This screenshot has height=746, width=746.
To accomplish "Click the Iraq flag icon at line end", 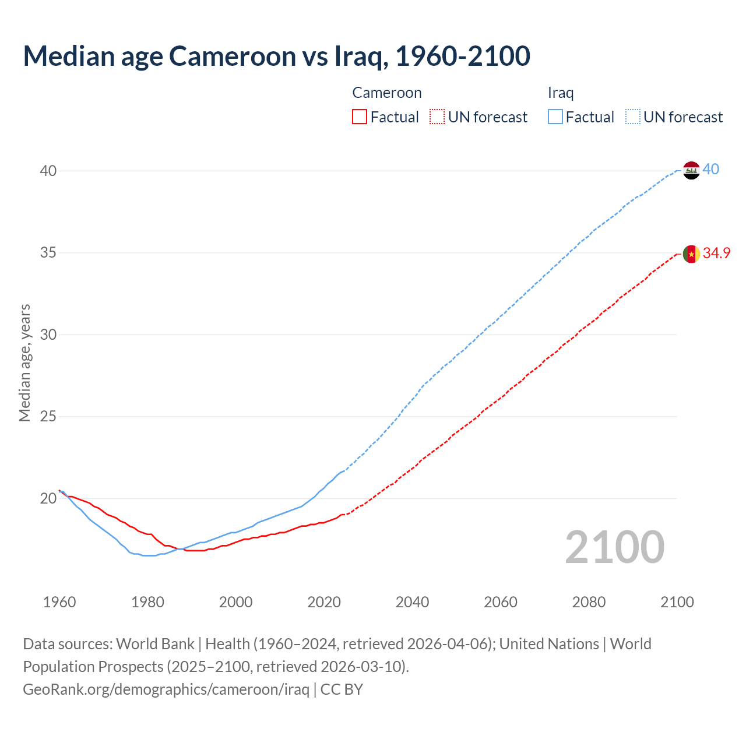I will (x=691, y=170).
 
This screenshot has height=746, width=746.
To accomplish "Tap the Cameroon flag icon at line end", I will (x=691, y=254).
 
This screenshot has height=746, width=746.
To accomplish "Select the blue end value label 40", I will (x=711, y=170).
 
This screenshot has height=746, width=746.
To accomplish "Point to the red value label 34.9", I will (x=716, y=253).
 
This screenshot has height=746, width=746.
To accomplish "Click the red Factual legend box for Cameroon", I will (x=360, y=117).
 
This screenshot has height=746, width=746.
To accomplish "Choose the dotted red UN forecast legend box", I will (x=437, y=117).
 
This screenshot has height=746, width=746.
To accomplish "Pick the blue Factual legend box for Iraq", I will (x=555, y=117).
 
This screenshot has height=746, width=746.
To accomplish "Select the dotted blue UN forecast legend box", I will (x=633, y=117).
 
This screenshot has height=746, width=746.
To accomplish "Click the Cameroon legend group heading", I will (x=387, y=93).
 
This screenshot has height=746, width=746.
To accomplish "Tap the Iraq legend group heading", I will (x=561, y=93).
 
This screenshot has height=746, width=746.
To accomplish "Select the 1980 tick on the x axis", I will (x=147, y=602).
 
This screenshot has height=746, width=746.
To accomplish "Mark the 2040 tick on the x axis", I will (x=412, y=602).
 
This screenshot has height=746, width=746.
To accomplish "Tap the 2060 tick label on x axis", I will (x=501, y=602).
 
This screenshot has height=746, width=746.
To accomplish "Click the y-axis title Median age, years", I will (x=24, y=363).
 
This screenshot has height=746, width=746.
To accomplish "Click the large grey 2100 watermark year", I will (x=614, y=547).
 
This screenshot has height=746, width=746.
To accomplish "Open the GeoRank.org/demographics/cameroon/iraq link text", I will (x=166, y=689).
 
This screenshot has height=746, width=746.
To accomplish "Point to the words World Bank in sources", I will (x=155, y=644).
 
